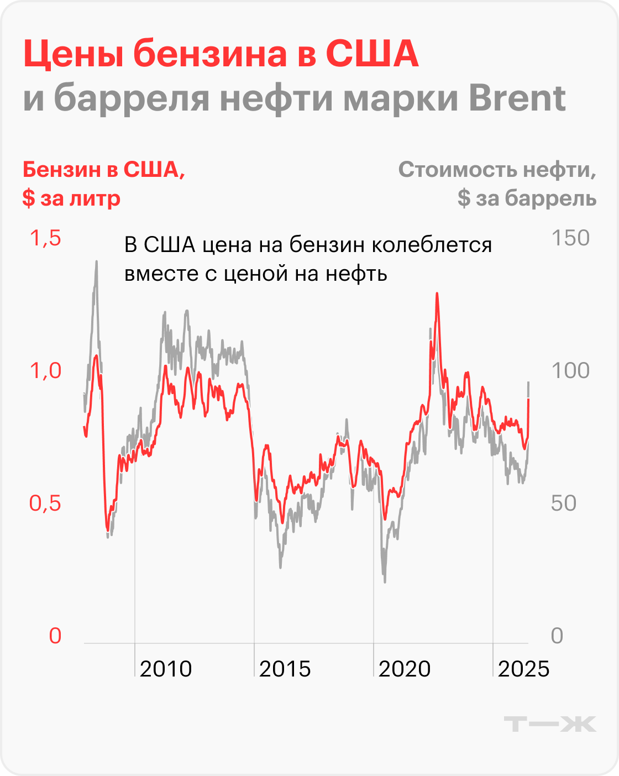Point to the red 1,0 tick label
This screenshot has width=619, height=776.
[x=46, y=371]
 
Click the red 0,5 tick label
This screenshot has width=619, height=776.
[x=46, y=504]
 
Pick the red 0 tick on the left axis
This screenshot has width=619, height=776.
[x=55, y=636]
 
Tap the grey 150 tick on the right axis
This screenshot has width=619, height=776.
[x=570, y=238]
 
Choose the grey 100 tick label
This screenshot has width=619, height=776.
[x=570, y=371]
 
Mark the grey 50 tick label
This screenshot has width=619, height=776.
[x=564, y=504]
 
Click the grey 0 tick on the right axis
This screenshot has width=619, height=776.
[x=557, y=636]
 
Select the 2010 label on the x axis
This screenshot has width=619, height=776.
[x=166, y=669]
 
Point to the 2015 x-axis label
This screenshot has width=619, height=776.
[x=285, y=669]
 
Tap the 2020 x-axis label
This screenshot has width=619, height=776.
[x=405, y=669]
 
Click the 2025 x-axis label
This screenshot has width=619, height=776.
[x=523, y=669]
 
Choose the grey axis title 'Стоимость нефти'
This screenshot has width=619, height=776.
[x=497, y=170]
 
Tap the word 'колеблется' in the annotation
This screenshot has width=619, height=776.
[x=431, y=245]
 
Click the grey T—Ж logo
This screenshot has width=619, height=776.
[x=550, y=724]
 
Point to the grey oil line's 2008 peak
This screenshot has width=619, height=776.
[x=97, y=262]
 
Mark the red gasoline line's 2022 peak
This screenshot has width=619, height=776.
[x=437, y=294]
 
